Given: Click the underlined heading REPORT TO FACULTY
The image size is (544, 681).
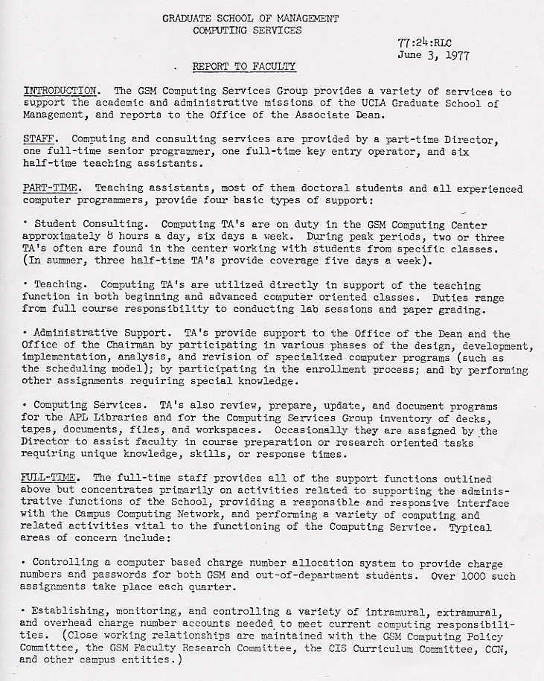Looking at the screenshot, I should (x=243, y=67).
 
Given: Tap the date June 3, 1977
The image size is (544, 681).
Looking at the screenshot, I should (x=433, y=55).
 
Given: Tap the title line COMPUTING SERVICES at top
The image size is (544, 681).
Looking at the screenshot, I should (x=247, y=31).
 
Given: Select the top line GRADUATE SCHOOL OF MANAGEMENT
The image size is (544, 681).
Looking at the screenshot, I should (x=250, y=18).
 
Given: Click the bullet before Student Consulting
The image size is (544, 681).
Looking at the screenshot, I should (x=26, y=223).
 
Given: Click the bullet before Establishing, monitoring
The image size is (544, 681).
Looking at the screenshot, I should (x=26, y=612).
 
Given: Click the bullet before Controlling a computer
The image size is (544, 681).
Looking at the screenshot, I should (x=26, y=563).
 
